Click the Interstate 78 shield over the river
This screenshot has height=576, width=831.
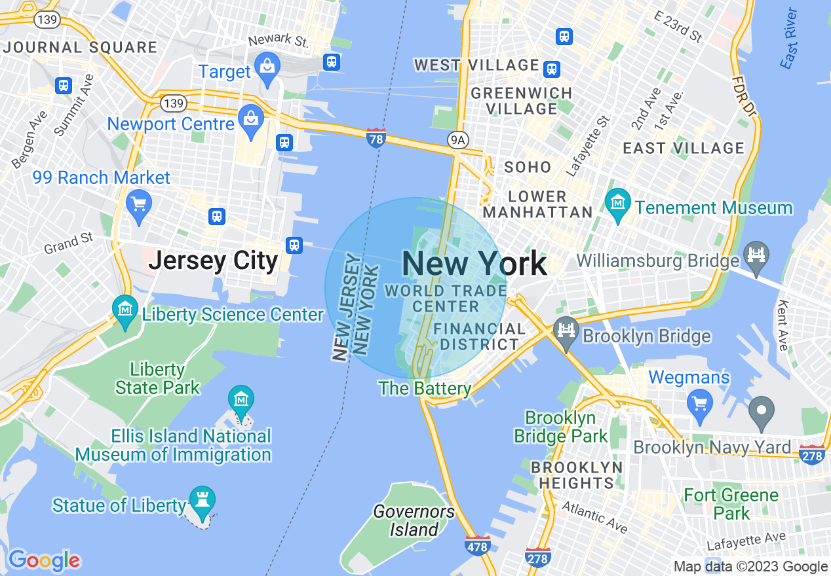pos(376,138)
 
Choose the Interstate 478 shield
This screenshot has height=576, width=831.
pos(477,545)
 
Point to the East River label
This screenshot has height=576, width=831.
pos(790,38)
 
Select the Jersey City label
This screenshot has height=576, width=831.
pos(214,261)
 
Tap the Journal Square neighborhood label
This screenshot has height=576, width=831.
pos(80,48)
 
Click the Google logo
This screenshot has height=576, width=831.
pos(44,560)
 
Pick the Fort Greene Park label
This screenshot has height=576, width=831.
pos(731,504)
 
